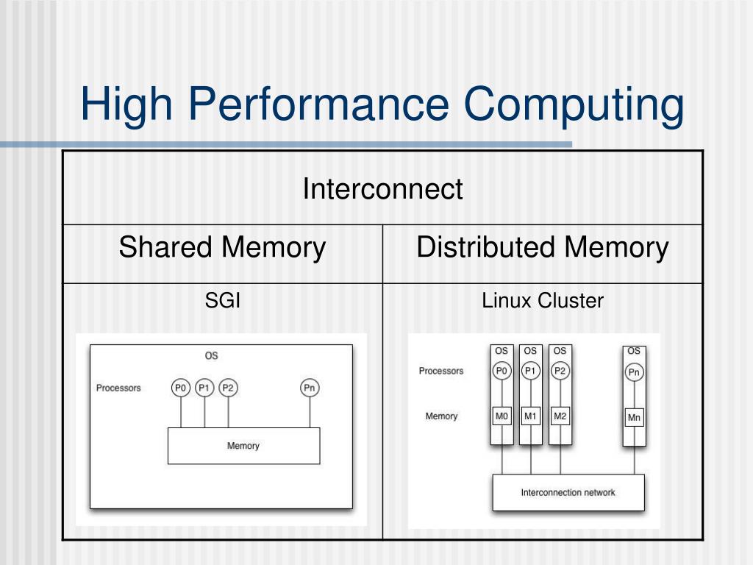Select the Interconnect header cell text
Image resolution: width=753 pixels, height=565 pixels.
[x=382, y=189]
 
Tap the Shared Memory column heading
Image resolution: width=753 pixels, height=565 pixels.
[x=222, y=247]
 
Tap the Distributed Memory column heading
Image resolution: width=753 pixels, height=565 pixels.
[x=543, y=247]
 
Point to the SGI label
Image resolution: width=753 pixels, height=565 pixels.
[x=222, y=300]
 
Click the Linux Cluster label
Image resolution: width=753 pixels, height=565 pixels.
[x=543, y=300]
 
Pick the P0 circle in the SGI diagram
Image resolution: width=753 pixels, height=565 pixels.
[x=181, y=388]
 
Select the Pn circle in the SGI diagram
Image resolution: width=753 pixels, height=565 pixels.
[x=310, y=388]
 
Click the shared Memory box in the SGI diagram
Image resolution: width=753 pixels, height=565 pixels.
[x=243, y=446]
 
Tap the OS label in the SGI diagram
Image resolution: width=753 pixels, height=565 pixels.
[x=211, y=356]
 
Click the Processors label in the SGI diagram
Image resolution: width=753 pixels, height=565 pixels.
[x=118, y=388]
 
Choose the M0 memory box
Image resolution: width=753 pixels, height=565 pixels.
[x=502, y=416]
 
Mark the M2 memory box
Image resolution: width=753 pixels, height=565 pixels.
[x=560, y=416]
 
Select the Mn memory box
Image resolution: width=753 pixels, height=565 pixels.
[x=635, y=418]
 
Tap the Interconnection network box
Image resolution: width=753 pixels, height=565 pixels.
[x=568, y=492]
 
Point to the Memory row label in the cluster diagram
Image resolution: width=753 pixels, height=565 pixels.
[x=441, y=416]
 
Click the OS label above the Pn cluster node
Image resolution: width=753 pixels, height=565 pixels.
[x=635, y=352]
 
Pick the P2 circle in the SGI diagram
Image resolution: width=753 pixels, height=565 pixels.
[x=228, y=388]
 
